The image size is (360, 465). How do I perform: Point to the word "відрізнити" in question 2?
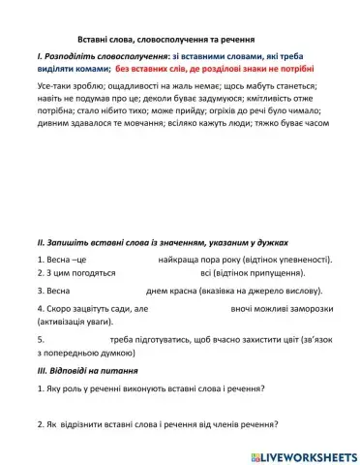(83, 424)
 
